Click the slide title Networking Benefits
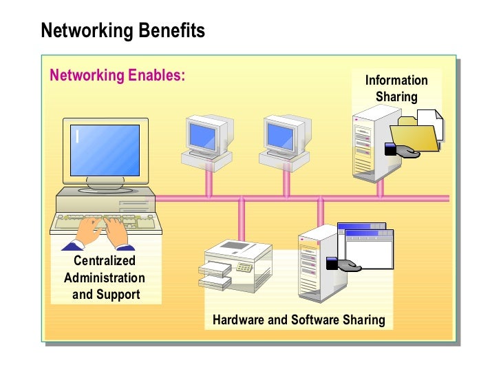(122, 31)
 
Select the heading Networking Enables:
(117, 75)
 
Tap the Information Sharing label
(396, 89)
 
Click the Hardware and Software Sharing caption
(298, 320)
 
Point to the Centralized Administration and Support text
(105, 278)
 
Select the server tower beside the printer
(317, 264)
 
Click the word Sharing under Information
(396, 96)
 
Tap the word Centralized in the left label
(105, 261)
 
